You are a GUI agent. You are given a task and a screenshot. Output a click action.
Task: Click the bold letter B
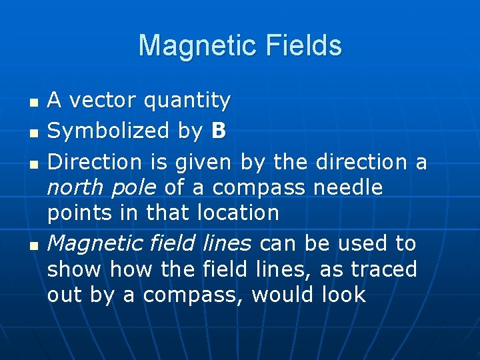[x=218, y=131]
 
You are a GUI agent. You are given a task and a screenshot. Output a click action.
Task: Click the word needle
[x=349, y=188]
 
